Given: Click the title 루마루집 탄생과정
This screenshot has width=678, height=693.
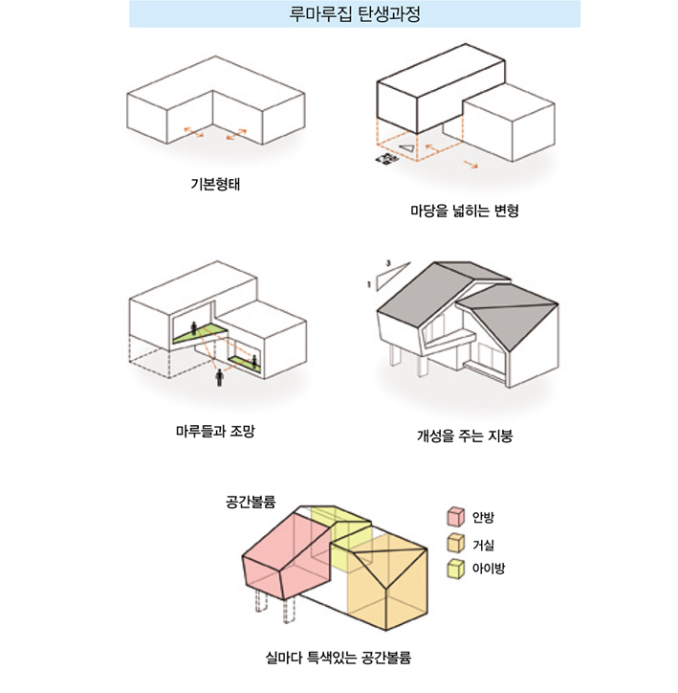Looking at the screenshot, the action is coord(355,13).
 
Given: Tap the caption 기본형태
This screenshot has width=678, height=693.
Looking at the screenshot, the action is coord(215,184).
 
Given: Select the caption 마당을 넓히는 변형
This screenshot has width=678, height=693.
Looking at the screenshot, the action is coord(465,211).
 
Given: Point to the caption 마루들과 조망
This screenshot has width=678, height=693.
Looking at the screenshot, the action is coord(215,431).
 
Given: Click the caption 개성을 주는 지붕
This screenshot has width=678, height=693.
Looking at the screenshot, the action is coord(465,436).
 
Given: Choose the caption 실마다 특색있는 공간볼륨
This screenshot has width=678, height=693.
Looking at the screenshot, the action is coord(339,658).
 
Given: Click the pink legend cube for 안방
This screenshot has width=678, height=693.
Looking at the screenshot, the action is coord(455,517).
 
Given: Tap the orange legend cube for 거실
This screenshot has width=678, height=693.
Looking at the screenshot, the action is coord(455,543).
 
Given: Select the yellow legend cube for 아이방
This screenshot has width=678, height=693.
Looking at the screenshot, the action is coord(455,569).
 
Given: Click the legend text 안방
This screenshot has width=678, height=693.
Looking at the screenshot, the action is coord(483,517).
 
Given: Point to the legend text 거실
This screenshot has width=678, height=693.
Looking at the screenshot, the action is coord(483,545).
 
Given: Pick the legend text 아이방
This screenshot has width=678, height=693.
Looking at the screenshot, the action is coord(489,568).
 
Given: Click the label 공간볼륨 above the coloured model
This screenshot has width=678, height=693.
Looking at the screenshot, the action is coord(251,503).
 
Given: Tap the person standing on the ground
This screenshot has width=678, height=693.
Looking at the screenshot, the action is coord(219,378).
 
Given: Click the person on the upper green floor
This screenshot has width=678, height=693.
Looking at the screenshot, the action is coord(194,328).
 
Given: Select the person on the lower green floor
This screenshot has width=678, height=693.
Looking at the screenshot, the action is coord(254,361).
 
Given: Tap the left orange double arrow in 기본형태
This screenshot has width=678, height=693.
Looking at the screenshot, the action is coord(193,132).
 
